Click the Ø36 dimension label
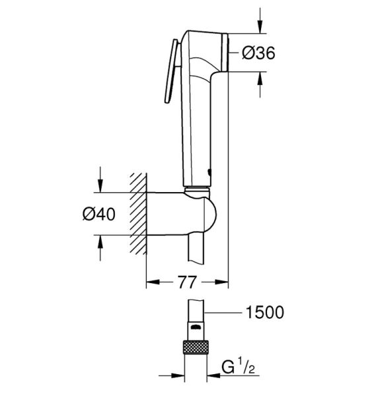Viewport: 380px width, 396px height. point(258,53)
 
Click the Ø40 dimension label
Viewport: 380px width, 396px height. point(99,214)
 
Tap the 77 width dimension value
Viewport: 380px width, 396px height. point(187,282)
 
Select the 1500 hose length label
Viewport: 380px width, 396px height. point(265,312)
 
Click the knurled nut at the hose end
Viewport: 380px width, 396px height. point(196,347)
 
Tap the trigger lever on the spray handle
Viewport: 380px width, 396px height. point(172,71)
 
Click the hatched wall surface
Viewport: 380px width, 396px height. point(138,214)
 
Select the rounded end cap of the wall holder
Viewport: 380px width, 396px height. point(210,214)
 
